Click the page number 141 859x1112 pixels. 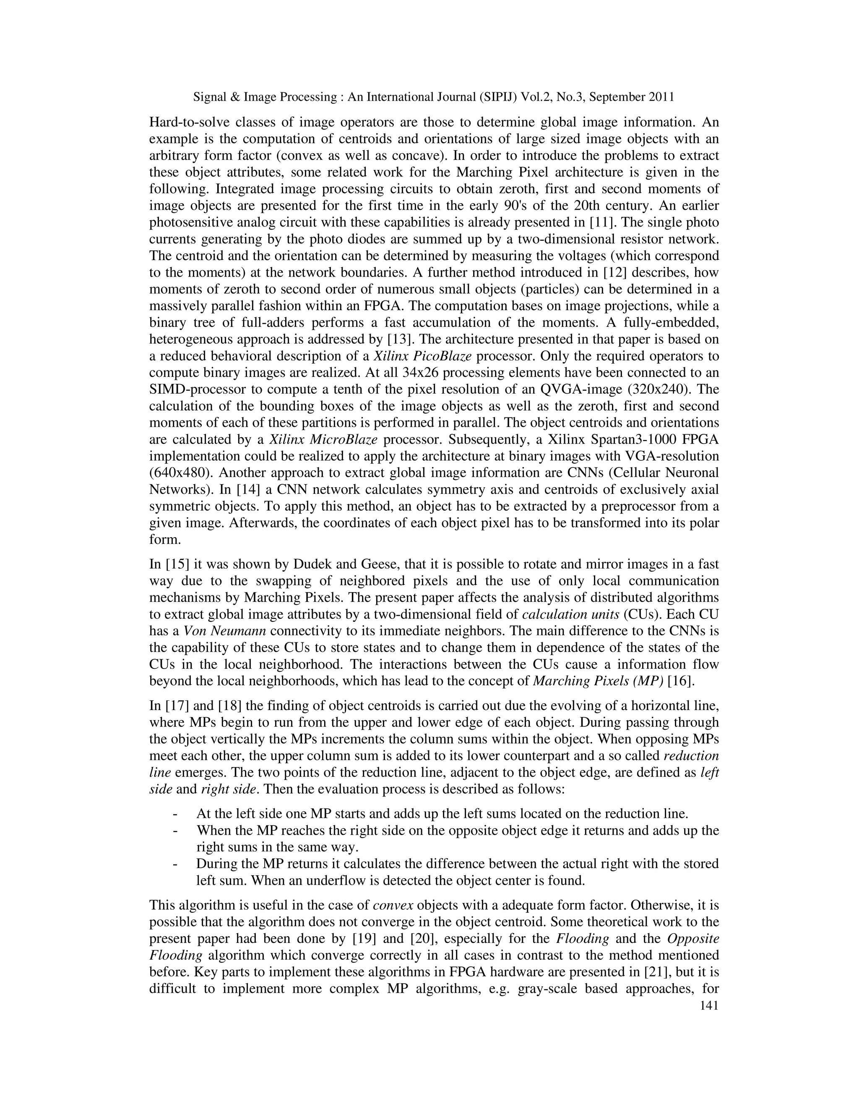(x=709, y=1005)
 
